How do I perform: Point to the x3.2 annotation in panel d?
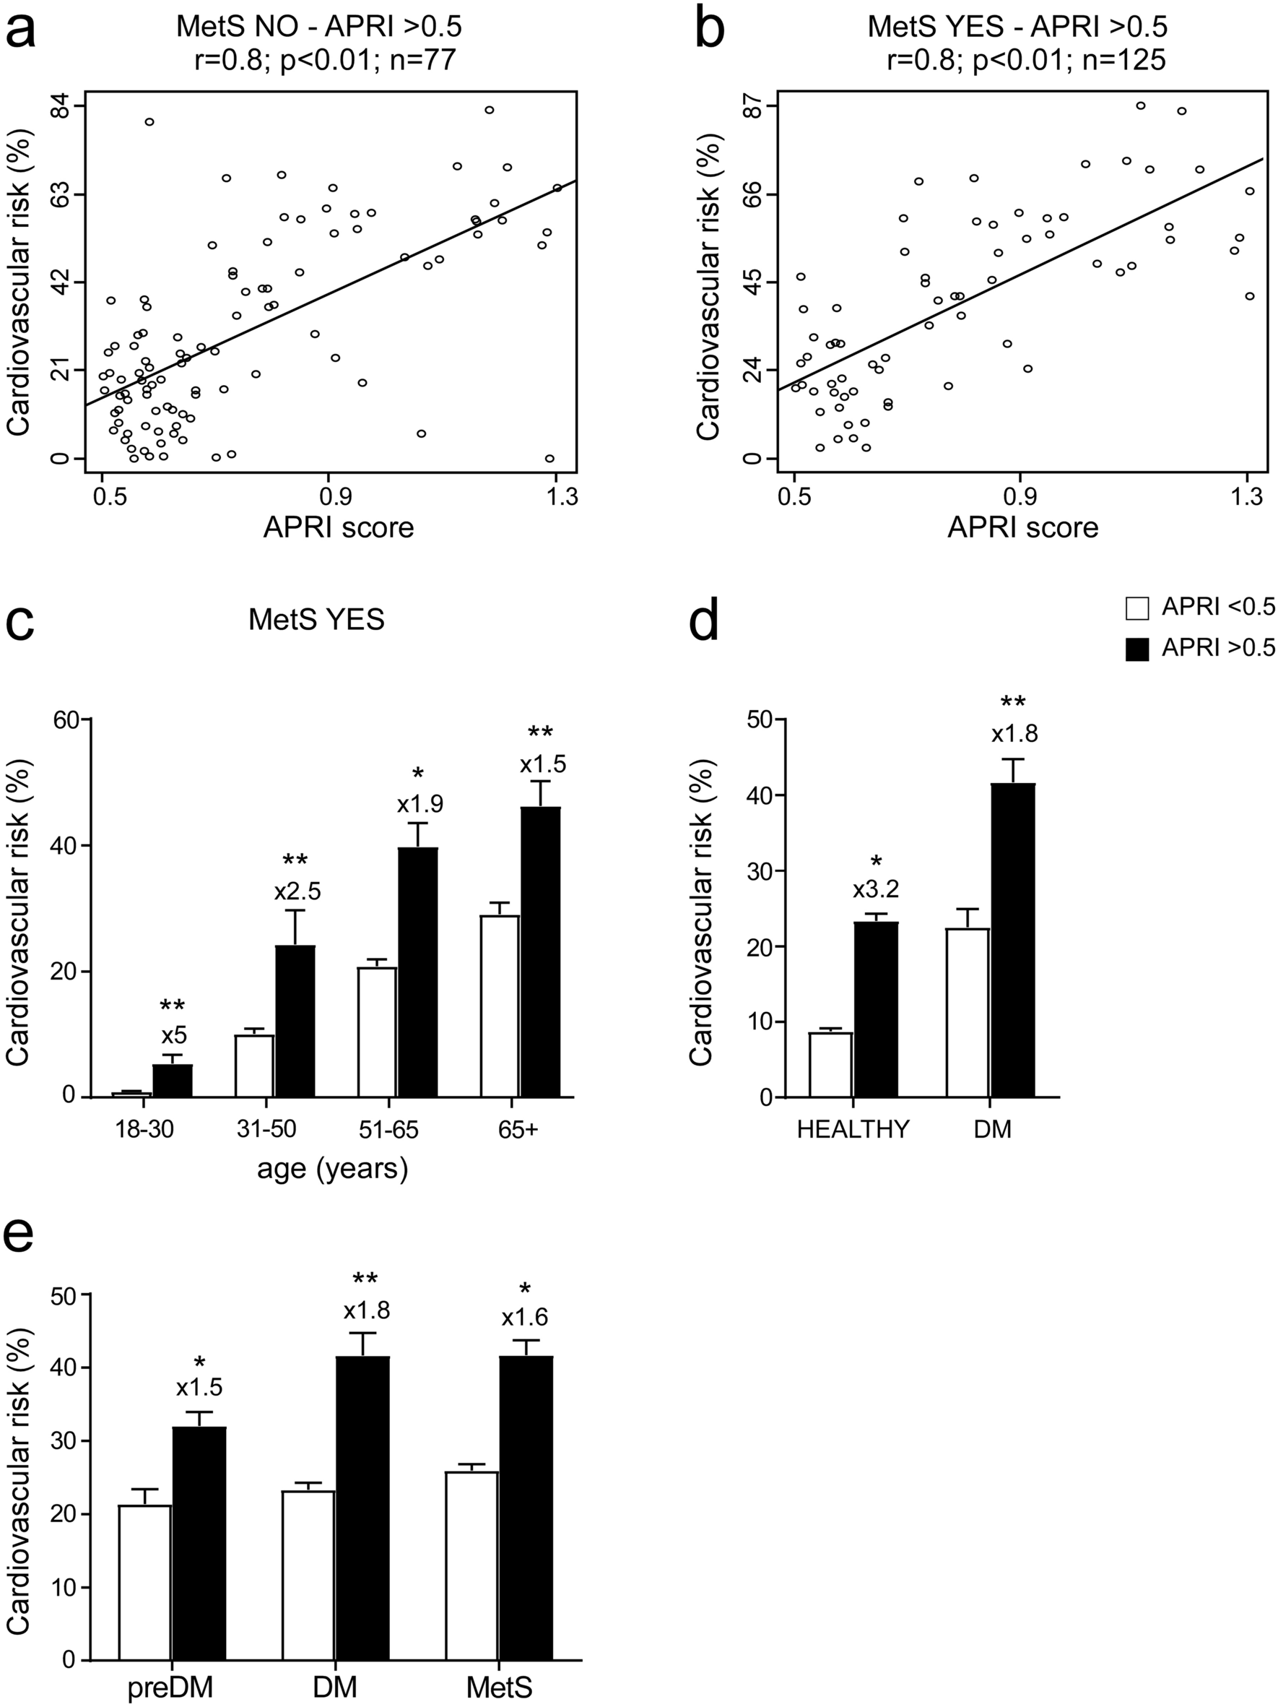pyautogui.click(x=875, y=890)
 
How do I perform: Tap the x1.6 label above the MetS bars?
pyautogui.click(x=524, y=1318)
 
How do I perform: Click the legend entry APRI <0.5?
pyautogui.click(x=1219, y=608)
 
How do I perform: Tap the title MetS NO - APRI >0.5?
pyautogui.click(x=318, y=27)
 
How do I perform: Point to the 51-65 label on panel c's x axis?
pyautogui.click(x=389, y=1130)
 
